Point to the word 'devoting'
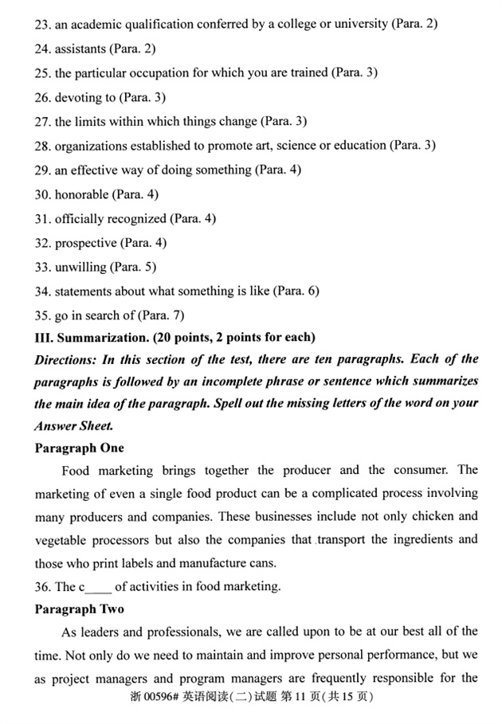78,97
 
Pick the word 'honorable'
80,194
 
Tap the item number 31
42,218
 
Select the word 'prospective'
85,243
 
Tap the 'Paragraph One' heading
80,448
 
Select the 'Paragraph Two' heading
80,609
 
